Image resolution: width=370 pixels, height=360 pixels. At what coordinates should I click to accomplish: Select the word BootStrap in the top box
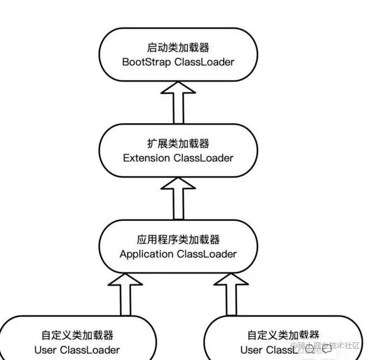(146, 62)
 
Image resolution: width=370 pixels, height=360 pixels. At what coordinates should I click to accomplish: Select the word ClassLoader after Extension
(204, 158)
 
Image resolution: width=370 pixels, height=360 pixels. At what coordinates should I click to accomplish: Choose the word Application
(146, 253)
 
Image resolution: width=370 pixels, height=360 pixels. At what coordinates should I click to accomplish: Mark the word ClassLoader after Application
(209, 253)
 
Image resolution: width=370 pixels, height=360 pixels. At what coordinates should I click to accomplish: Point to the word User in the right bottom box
(251, 350)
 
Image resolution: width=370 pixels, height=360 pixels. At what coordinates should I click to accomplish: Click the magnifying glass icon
(310, 348)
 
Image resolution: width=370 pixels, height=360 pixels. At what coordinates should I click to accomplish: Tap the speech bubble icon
(327, 349)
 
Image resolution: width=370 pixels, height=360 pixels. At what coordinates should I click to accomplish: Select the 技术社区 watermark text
(346, 346)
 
